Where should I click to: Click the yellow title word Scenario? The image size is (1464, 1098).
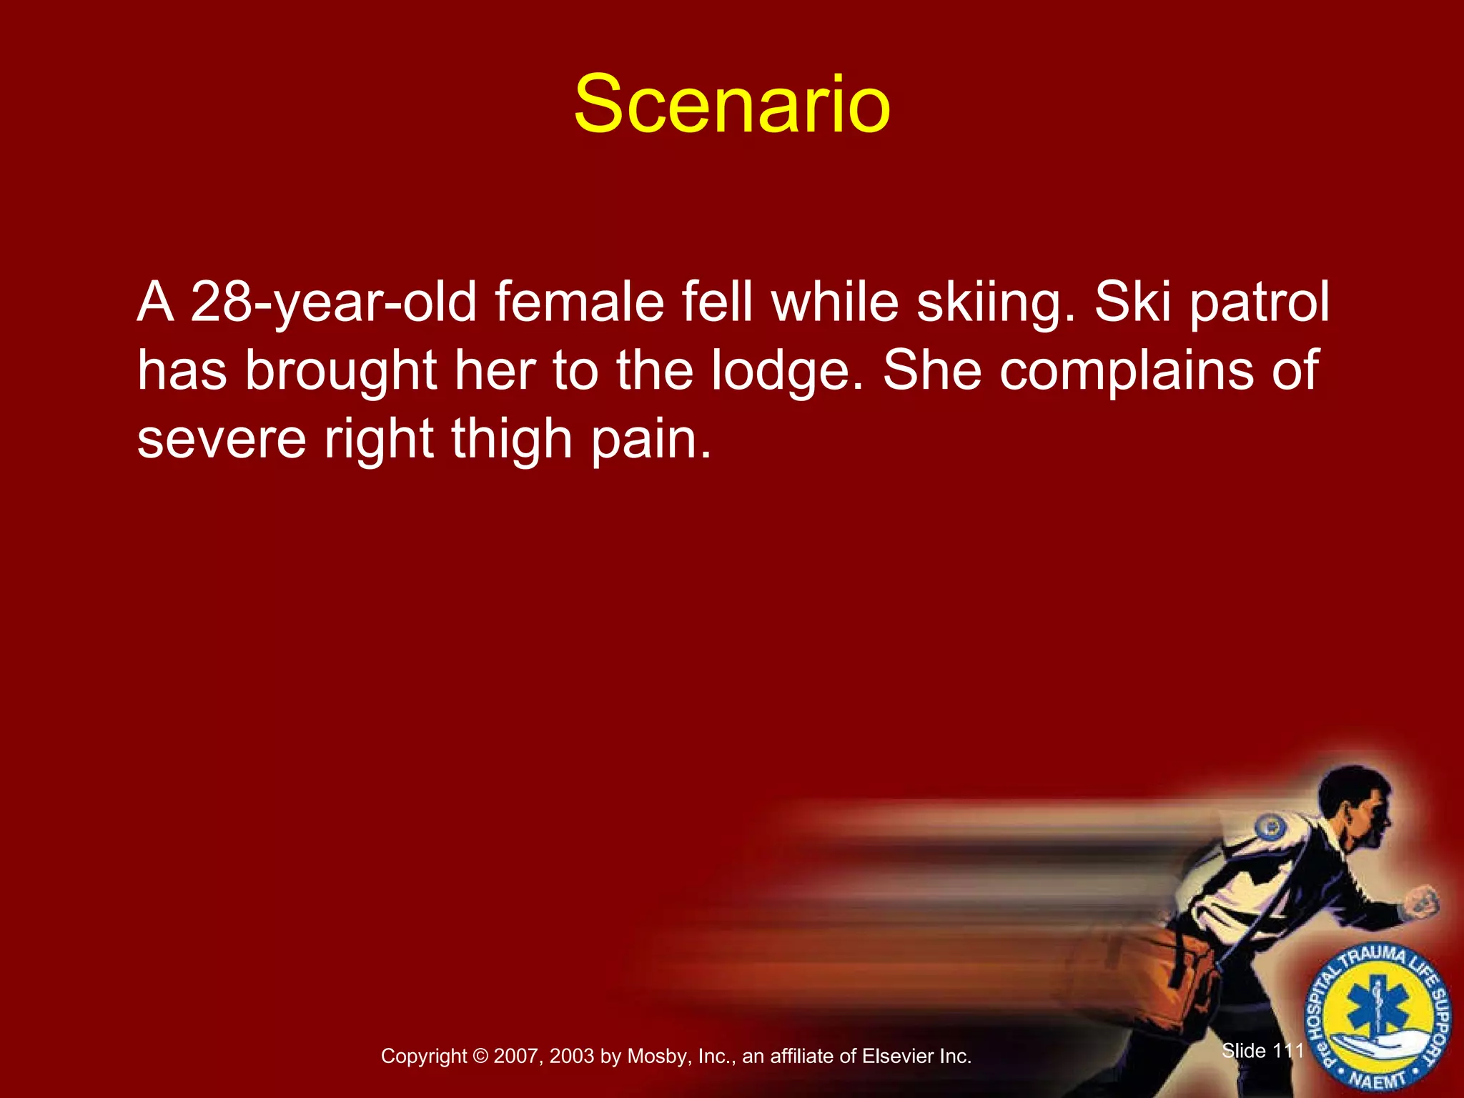point(732,105)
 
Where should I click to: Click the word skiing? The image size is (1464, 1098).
point(995,303)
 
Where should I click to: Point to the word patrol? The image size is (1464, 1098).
point(1259,303)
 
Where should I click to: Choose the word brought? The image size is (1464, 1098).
point(341,371)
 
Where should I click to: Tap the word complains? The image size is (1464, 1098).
point(1127,371)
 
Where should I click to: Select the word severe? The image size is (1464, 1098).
point(222,439)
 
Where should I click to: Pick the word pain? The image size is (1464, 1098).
point(651,439)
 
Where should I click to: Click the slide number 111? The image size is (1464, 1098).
point(1288,1050)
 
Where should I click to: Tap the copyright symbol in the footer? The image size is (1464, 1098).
point(480,1056)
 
